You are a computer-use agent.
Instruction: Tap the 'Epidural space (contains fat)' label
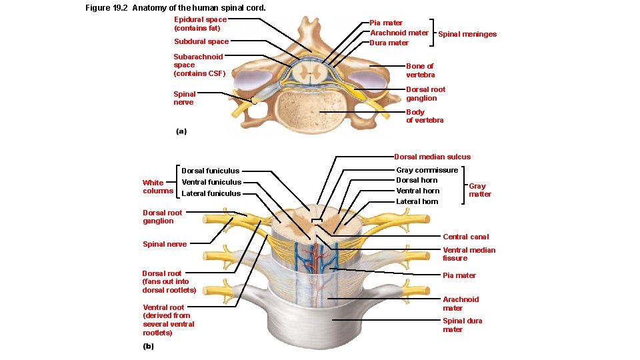200,24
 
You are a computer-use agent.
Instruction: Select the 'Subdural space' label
201,41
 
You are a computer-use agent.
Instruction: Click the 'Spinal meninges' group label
467,34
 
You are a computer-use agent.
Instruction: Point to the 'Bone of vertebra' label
420,71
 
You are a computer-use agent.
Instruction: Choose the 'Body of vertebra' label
425,116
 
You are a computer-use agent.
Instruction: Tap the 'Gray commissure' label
427,170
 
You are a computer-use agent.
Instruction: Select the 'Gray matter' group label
479,190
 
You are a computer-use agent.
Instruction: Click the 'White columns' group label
158,187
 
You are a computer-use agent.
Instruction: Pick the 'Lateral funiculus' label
211,193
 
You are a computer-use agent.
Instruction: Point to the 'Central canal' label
465,237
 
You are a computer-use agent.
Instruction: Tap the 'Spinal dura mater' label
462,325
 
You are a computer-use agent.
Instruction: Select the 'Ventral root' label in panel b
168,320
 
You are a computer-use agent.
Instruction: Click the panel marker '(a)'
181,131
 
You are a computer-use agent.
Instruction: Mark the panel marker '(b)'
148,346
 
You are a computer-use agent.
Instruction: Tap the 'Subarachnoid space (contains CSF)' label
199,65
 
